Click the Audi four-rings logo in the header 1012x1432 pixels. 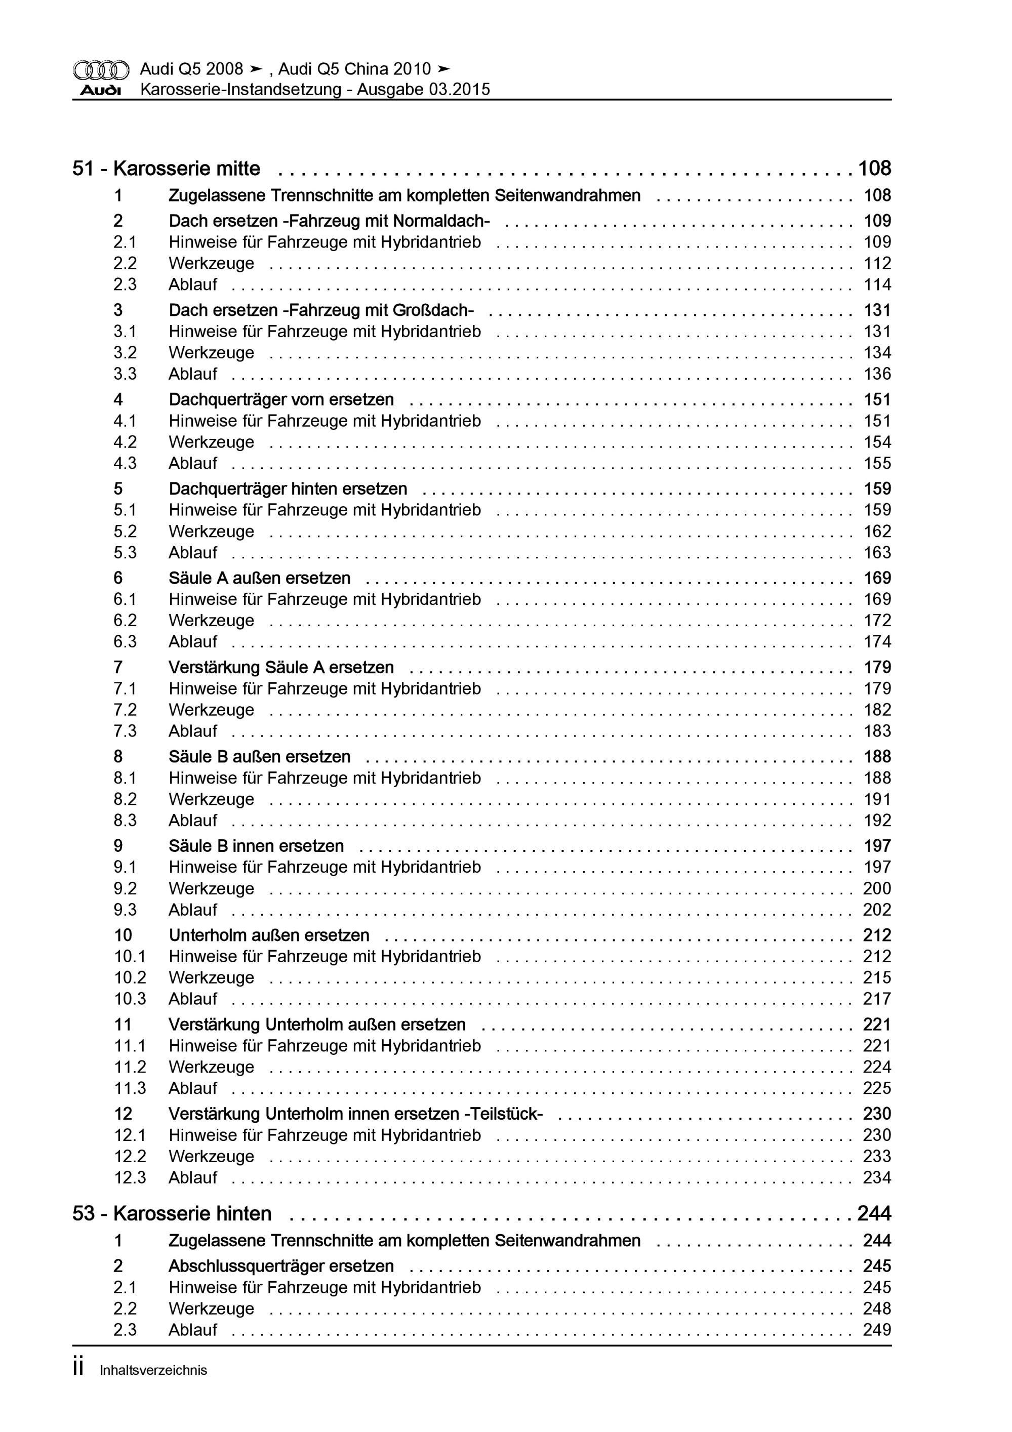coord(101,69)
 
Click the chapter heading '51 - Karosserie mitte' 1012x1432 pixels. coord(166,169)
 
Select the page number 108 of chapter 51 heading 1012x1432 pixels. coord(874,169)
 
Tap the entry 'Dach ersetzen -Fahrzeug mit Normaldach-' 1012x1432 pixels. coord(329,221)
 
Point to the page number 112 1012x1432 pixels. coord(877,263)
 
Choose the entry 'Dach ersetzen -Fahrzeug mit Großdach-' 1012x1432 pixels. coord(320,310)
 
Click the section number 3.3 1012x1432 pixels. coord(125,374)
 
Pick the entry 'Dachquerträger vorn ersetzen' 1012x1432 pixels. coord(281,399)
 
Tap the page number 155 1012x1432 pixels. coord(877,463)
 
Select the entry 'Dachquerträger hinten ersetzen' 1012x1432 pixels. coord(288,488)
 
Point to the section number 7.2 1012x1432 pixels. coord(125,710)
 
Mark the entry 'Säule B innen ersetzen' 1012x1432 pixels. coord(256,846)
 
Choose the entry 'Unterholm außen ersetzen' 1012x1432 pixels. coord(268,935)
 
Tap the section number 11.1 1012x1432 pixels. coord(129,1045)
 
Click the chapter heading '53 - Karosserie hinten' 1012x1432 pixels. coord(172,1214)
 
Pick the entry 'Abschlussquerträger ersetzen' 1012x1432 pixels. coord(281,1265)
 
